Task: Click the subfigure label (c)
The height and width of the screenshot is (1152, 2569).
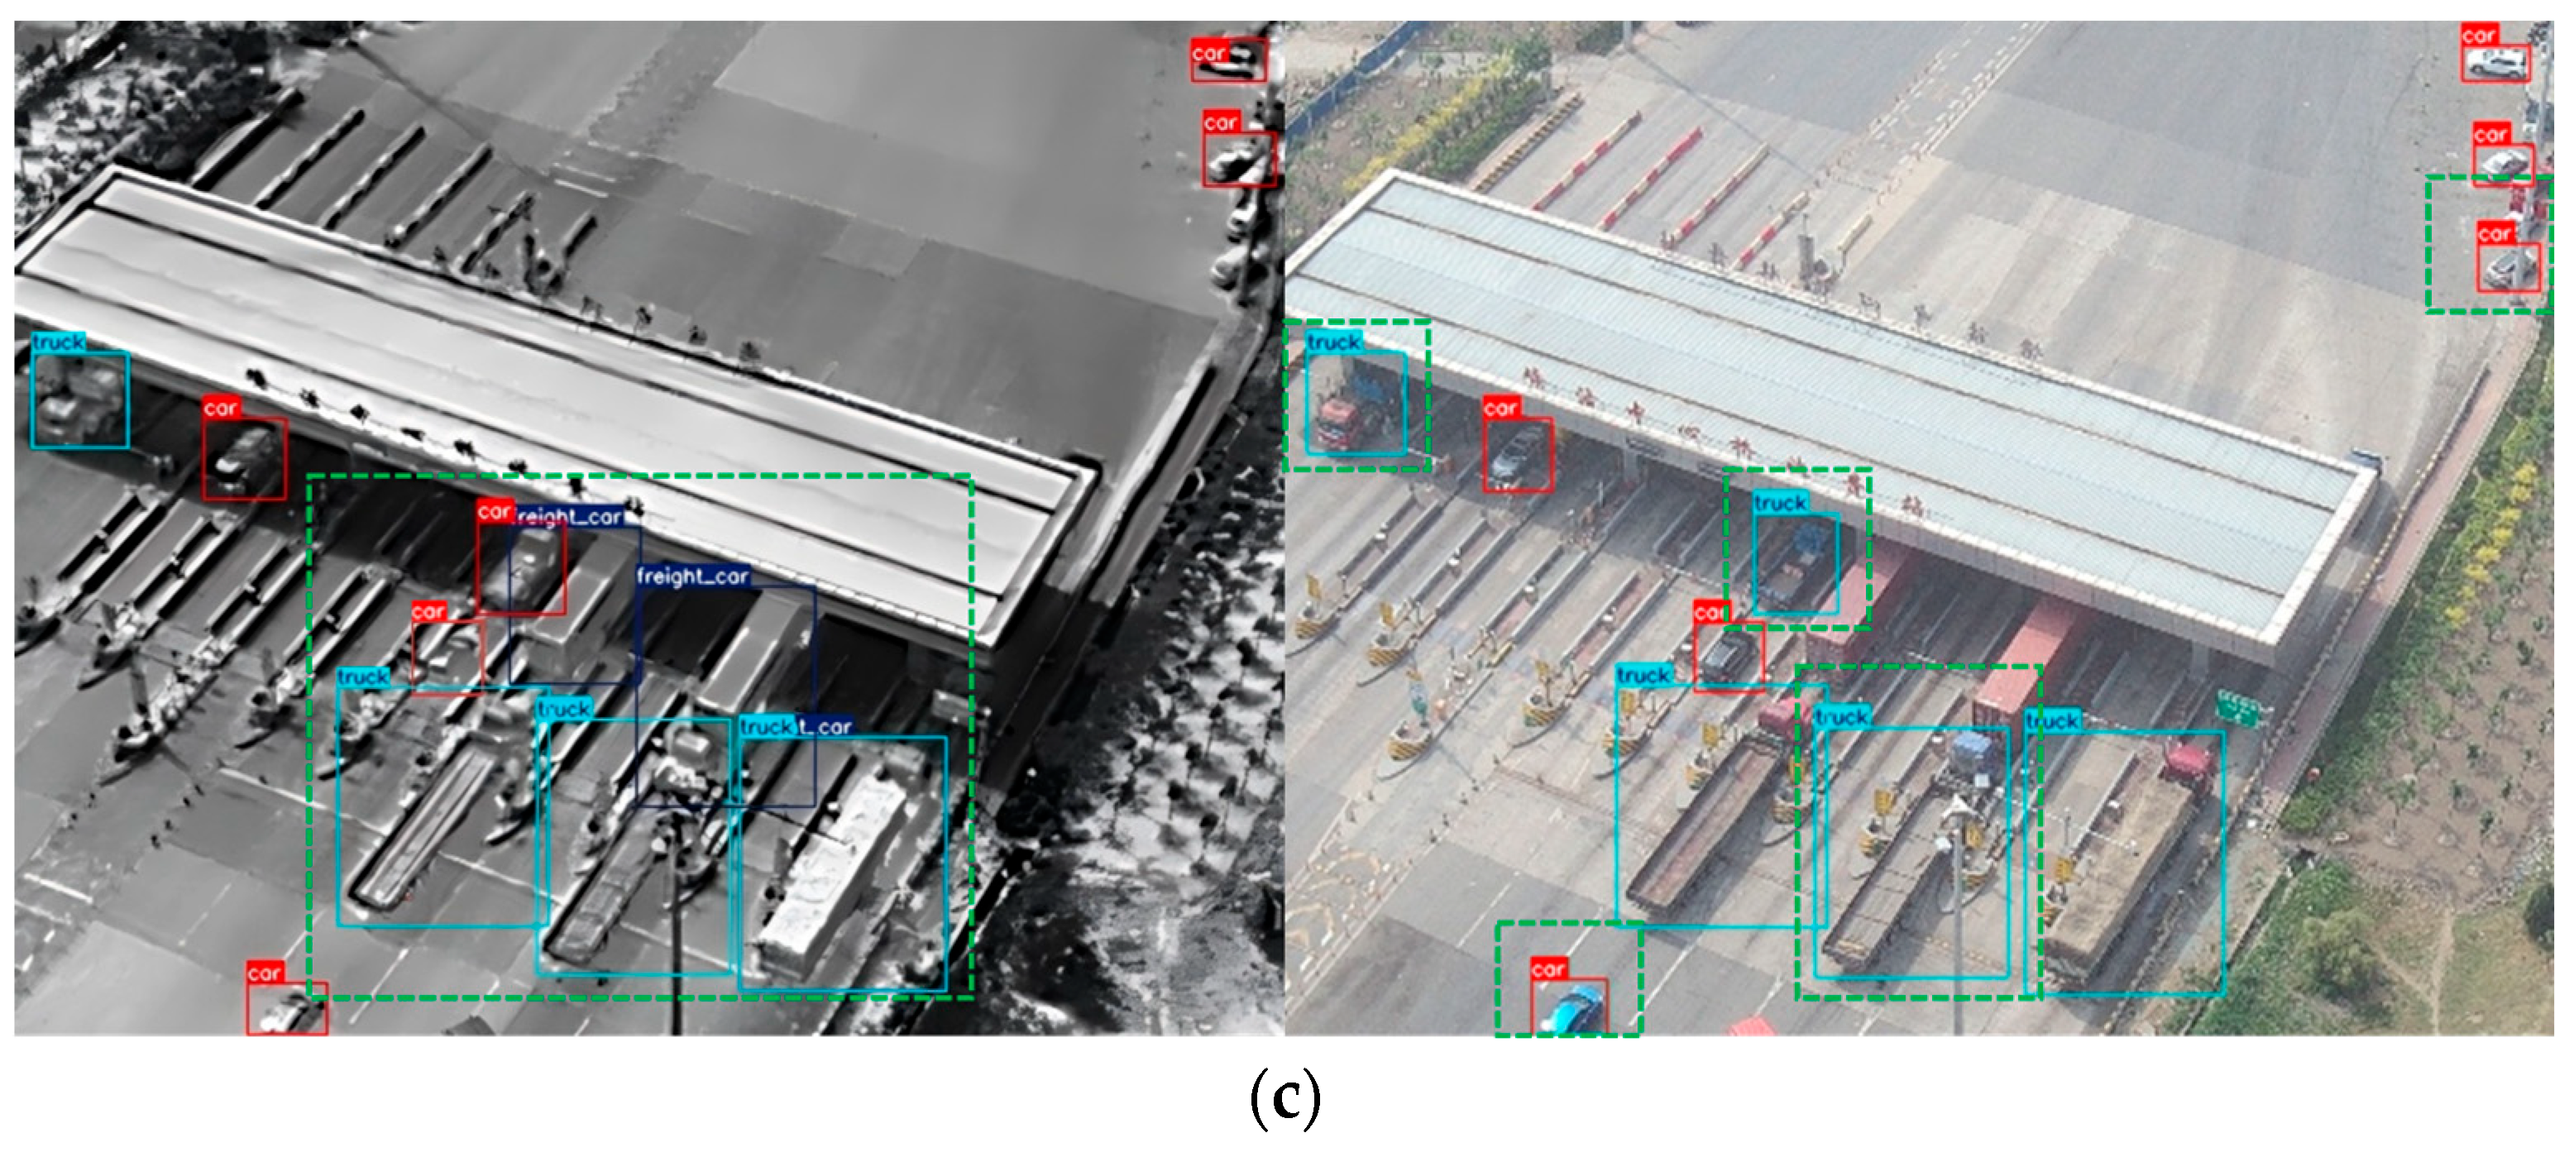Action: (x=1284, y=1097)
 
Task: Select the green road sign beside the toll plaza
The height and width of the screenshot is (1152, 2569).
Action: (x=2238, y=710)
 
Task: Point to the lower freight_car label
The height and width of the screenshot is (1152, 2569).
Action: (x=692, y=576)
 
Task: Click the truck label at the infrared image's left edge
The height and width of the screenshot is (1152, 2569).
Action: (x=58, y=342)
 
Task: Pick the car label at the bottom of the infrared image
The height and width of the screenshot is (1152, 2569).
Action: (x=265, y=973)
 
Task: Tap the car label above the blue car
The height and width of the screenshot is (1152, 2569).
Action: (x=1548, y=968)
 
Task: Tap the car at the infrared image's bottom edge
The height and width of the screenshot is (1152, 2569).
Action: (x=286, y=1012)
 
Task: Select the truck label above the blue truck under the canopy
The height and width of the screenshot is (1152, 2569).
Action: (x=1780, y=503)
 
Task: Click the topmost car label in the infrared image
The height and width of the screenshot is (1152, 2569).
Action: (x=1208, y=53)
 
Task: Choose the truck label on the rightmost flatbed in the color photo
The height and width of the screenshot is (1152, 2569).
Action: (x=2052, y=720)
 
